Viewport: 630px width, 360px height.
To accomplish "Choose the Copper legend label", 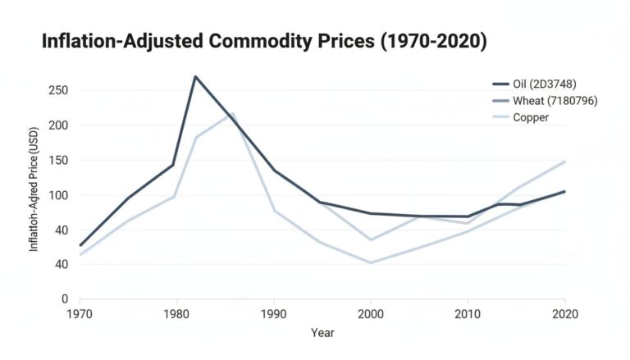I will click(x=531, y=117).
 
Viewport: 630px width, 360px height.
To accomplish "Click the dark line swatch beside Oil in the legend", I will click(x=500, y=84).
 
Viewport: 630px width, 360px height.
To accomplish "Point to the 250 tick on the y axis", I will click(x=57, y=90).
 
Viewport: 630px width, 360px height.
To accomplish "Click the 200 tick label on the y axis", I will click(x=57, y=125).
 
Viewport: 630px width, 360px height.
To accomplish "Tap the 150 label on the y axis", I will click(x=57, y=161).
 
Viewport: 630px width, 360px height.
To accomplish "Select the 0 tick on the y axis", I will click(x=64, y=299).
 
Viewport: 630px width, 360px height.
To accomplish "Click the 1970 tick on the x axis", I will click(x=80, y=314).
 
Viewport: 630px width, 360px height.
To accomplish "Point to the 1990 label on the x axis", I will click(x=274, y=314).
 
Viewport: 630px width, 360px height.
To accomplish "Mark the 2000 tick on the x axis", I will click(x=371, y=314).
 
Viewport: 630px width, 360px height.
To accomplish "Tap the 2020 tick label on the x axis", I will click(x=564, y=314).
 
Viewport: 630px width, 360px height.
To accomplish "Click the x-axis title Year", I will click(x=322, y=333).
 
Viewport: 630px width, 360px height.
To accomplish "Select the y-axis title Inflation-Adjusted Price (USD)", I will click(x=34, y=195).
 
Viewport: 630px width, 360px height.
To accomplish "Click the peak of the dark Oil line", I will click(x=195, y=76).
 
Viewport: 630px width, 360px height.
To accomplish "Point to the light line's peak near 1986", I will click(x=233, y=113).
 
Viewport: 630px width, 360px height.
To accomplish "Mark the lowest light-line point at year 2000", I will click(x=371, y=263).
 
